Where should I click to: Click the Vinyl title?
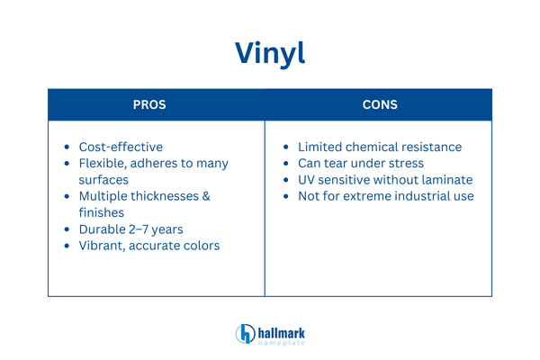pyautogui.click(x=270, y=51)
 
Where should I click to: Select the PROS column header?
pyautogui.click(x=156, y=105)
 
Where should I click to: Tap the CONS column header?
pyautogui.click(x=379, y=105)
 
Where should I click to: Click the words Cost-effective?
pyautogui.click(x=121, y=147)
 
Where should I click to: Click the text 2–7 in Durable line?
pyautogui.click(x=148, y=229)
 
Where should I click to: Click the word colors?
pyautogui.click(x=199, y=245)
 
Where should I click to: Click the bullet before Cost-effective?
pyautogui.click(x=68, y=147)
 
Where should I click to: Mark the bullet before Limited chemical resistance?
pyautogui.click(x=287, y=147)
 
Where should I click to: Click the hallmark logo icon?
pyautogui.click(x=245, y=334)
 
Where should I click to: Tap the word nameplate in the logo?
pyautogui.click(x=282, y=342)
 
